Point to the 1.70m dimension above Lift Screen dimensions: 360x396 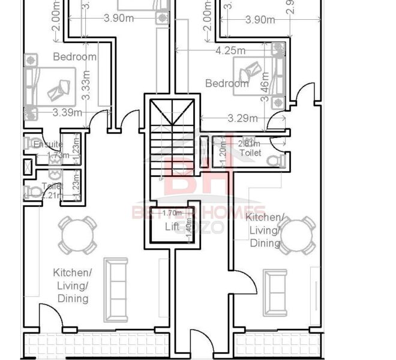point(172,212)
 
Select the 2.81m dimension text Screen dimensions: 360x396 point(249,143)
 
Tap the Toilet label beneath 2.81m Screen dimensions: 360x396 point(250,153)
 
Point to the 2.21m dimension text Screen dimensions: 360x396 point(53,194)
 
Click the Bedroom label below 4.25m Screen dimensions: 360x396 point(227,83)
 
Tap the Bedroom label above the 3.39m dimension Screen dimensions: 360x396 point(74,57)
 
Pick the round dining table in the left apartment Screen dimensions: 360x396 point(77,236)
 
